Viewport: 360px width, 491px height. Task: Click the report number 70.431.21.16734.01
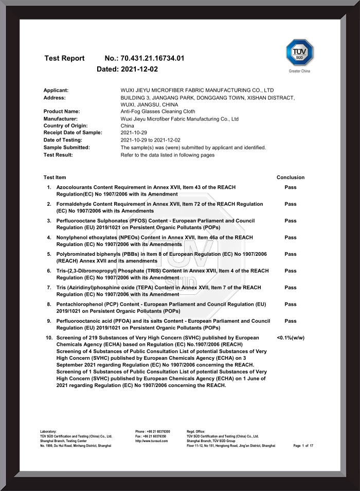[x=152, y=58]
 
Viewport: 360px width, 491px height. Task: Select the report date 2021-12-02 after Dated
[x=139, y=68]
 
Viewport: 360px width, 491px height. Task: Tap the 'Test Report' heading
[x=64, y=58]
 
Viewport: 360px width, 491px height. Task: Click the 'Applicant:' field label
[x=56, y=90]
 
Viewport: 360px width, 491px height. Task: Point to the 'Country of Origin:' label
[x=66, y=126]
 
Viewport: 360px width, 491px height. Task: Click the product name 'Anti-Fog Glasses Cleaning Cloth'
[x=158, y=111]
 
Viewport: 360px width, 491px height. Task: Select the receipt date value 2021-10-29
[x=134, y=133]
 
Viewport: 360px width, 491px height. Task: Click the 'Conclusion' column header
[x=291, y=177]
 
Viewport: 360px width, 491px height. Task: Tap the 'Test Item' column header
[x=55, y=177]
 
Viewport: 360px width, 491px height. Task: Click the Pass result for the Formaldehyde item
[x=291, y=204]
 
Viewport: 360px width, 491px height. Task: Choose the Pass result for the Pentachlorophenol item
[x=291, y=304]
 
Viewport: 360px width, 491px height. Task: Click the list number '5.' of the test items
[x=49, y=254]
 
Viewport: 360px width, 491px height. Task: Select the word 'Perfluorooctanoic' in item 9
[x=80, y=321]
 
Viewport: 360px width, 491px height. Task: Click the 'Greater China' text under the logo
[x=299, y=71]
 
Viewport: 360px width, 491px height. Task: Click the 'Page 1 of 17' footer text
[x=303, y=446]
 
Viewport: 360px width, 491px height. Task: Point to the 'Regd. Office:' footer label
[x=196, y=431]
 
